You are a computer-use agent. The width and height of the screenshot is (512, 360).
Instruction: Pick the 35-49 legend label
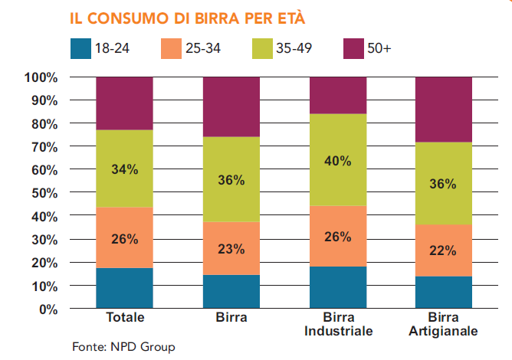(294, 49)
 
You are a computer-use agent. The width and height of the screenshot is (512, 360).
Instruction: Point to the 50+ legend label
(379, 49)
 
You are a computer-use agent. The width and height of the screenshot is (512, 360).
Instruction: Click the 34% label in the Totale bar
(124, 170)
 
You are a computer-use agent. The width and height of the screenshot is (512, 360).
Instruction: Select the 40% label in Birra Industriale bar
(337, 161)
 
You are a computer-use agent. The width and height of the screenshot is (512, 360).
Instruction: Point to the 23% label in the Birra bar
(231, 249)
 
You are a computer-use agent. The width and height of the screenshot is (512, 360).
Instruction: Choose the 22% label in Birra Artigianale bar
(443, 250)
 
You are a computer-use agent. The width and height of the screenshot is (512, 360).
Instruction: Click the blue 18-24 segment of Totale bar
(124, 288)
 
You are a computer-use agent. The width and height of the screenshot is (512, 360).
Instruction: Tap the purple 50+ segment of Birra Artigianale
(443, 110)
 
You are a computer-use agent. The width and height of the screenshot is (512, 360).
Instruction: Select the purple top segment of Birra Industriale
(337, 96)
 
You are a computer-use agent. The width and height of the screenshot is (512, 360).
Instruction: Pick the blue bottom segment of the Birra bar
(231, 291)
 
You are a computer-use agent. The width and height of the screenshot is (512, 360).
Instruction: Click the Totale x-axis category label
(124, 318)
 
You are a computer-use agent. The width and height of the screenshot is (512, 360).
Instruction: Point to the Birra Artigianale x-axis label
(443, 325)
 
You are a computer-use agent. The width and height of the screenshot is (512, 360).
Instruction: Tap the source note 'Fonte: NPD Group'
(123, 347)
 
